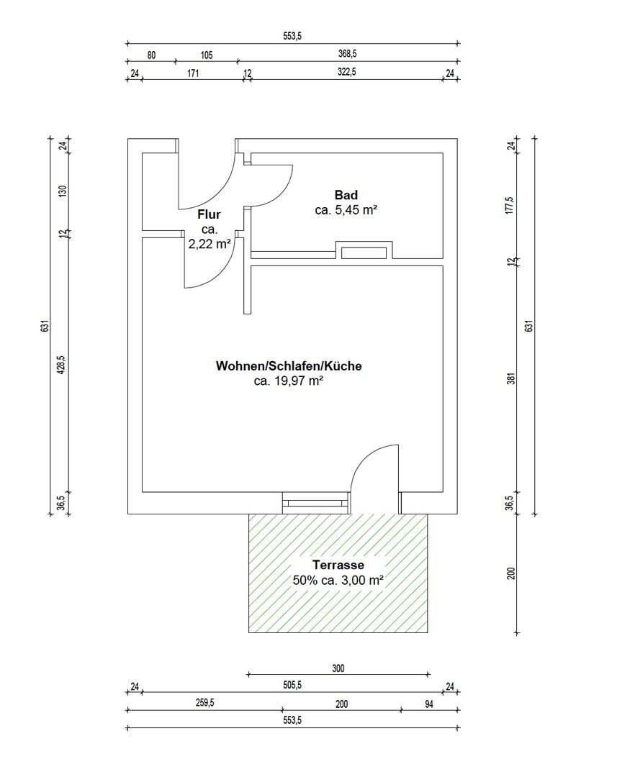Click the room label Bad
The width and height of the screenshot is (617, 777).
pos(346,195)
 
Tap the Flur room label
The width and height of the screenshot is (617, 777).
pos(209,214)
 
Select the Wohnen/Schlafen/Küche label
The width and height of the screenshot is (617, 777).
pos(289,366)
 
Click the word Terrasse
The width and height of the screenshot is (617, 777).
pos(338,565)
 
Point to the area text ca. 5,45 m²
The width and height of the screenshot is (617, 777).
pos(346,210)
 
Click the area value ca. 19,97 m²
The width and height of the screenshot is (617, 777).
pos(289,381)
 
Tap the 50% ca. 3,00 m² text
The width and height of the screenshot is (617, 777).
pos(338,580)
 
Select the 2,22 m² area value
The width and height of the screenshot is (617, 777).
pos(210,244)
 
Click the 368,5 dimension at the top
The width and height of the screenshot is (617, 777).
pos(347,53)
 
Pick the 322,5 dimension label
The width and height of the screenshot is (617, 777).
pos(347,71)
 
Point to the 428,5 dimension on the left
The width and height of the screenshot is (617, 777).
pos(61,365)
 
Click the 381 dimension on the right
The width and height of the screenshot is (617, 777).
pos(511,378)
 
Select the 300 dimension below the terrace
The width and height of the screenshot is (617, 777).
pos(338,668)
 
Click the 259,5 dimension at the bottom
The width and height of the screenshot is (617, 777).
pos(205,703)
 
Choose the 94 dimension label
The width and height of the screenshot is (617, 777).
pos(429,704)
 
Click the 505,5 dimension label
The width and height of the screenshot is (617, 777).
pos(292,686)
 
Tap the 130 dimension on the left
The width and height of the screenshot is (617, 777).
pos(63,191)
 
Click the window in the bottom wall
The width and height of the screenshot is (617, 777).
pos(316,503)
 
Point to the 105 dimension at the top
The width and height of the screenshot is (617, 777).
pos(207,55)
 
